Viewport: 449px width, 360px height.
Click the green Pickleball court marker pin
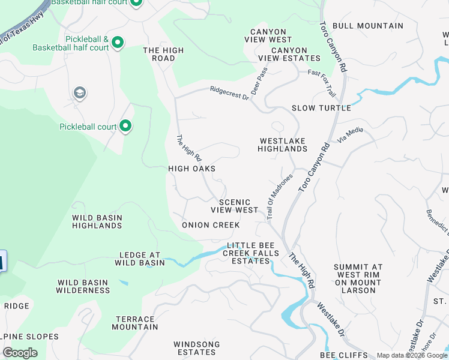(125, 126)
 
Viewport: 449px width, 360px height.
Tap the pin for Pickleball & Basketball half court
(118, 43)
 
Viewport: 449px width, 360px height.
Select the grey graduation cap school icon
(79, 93)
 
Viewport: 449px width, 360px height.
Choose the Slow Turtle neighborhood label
(321, 108)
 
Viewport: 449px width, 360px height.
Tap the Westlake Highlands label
(283, 145)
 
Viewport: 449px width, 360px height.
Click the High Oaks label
(191, 169)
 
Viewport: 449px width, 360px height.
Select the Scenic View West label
(235, 206)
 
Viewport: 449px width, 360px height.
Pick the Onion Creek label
(211, 225)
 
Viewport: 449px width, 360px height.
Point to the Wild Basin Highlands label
(97, 221)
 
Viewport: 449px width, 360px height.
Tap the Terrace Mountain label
(135, 323)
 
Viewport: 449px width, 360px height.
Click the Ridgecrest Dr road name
(229, 93)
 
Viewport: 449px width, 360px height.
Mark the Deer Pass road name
(260, 85)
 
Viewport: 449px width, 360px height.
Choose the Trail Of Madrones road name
(279, 196)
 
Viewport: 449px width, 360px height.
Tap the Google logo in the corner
(20, 353)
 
